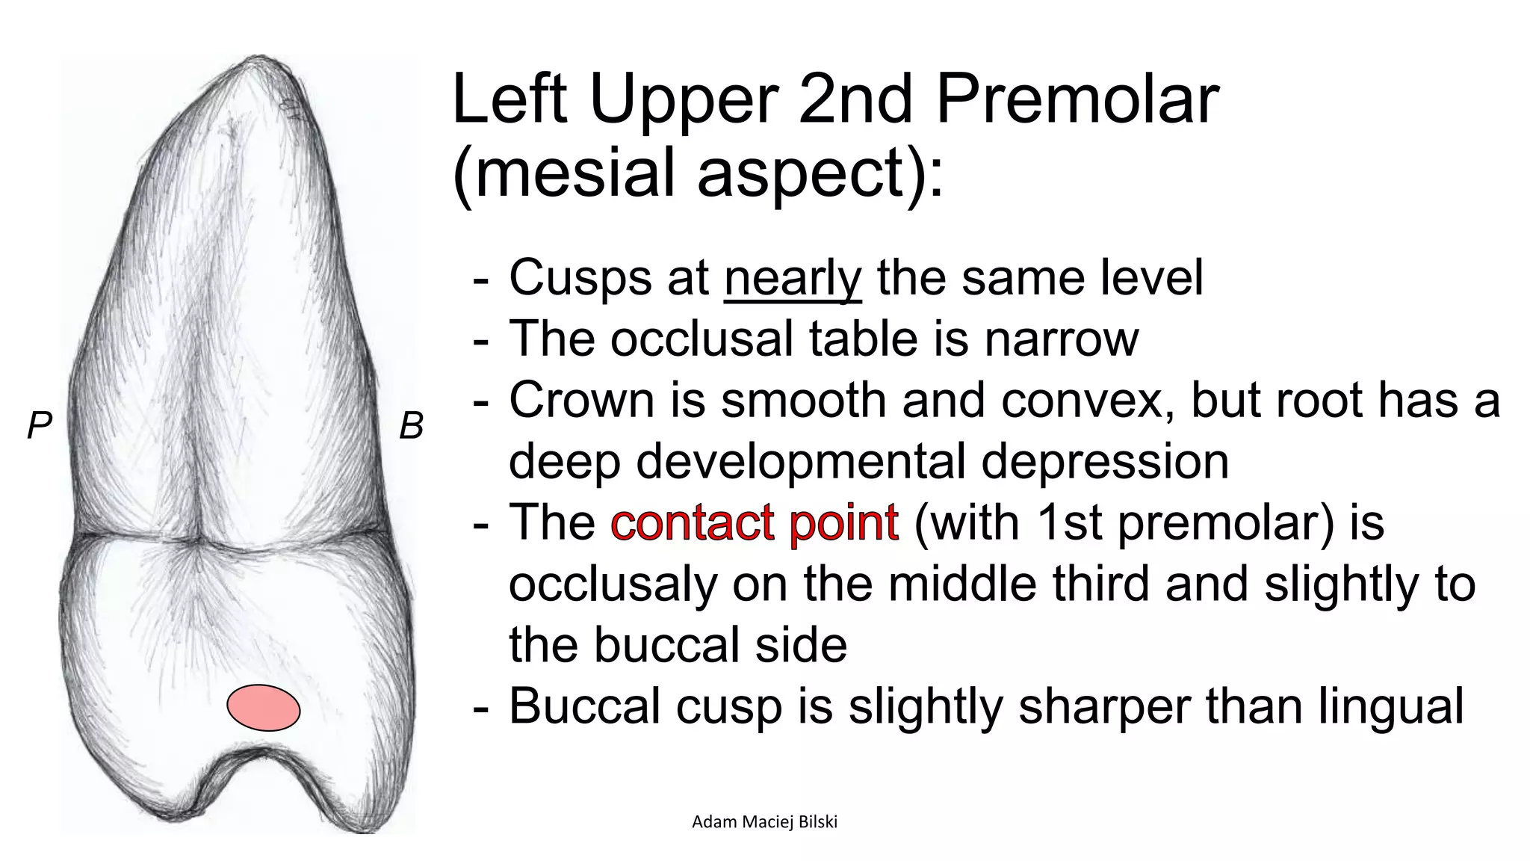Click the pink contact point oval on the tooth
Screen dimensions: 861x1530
(264, 707)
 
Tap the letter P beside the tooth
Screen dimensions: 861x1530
(39, 426)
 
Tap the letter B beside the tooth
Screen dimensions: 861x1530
(411, 426)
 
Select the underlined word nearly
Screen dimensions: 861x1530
(793, 278)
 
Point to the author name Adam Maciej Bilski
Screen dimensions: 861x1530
(764, 822)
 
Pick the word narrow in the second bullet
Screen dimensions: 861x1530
(1062, 339)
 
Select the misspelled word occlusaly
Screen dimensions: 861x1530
(613, 584)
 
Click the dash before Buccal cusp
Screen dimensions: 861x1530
(482, 707)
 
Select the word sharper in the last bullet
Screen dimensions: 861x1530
(1104, 706)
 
